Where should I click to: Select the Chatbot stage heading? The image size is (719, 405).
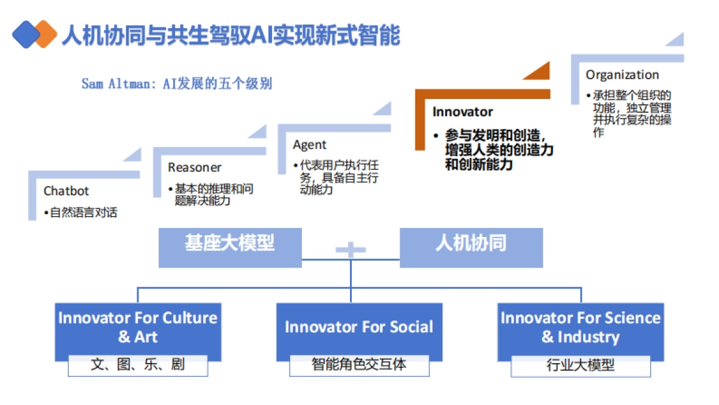[66, 191]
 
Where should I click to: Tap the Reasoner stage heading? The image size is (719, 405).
[194, 167]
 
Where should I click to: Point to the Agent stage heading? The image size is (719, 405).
[310, 145]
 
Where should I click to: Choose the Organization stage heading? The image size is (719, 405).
[622, 75]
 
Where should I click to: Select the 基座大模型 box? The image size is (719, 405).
[229, 244]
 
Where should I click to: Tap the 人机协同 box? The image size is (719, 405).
[471, 244]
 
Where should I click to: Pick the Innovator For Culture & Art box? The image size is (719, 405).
[138, 327]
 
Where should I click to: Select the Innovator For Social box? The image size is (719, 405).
[359, 327]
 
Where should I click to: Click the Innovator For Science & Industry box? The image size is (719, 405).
[580, 327]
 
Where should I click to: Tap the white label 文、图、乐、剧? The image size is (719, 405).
[138, 365]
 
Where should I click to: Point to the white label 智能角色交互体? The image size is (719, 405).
[359, 365]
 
